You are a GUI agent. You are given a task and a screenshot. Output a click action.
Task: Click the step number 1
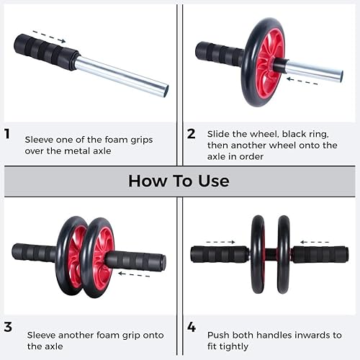coord(7,133)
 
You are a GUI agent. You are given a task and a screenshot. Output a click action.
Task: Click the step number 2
coord(191,133)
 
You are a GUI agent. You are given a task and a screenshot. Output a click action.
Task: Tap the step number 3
coord(8,327)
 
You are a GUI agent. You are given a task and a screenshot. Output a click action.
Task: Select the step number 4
coord(192,327)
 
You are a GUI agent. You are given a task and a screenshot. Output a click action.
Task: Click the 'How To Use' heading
coord(179,180)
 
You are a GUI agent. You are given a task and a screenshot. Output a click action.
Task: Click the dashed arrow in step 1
coord(49,37)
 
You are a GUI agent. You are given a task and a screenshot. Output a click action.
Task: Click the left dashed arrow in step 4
coord(220,242)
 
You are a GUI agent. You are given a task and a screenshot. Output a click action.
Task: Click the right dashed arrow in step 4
coord(315,242)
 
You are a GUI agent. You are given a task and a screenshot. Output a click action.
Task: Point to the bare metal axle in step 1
coord(122,76)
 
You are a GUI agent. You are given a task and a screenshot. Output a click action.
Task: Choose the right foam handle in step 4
coord(320,254)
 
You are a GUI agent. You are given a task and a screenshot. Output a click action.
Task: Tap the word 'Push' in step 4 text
coord(219,335)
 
